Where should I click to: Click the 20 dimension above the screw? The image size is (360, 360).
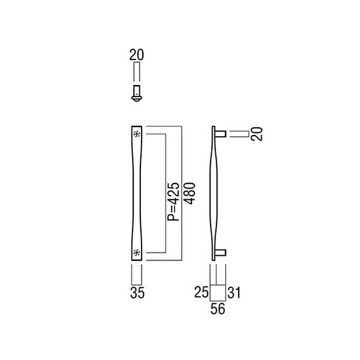(x=137, y=55)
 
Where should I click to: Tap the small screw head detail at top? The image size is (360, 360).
(x=137, y=93)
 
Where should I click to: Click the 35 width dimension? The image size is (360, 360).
(x=137, y=293)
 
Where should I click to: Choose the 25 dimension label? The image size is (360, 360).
(x=202, y=293)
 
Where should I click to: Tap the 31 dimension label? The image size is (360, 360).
(x=235, y=293)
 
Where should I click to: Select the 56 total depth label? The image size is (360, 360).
(x=218, y=309)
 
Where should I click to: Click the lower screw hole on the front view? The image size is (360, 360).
(x=137, y=253)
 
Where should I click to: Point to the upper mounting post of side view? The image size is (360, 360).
(x=221, y=133)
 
